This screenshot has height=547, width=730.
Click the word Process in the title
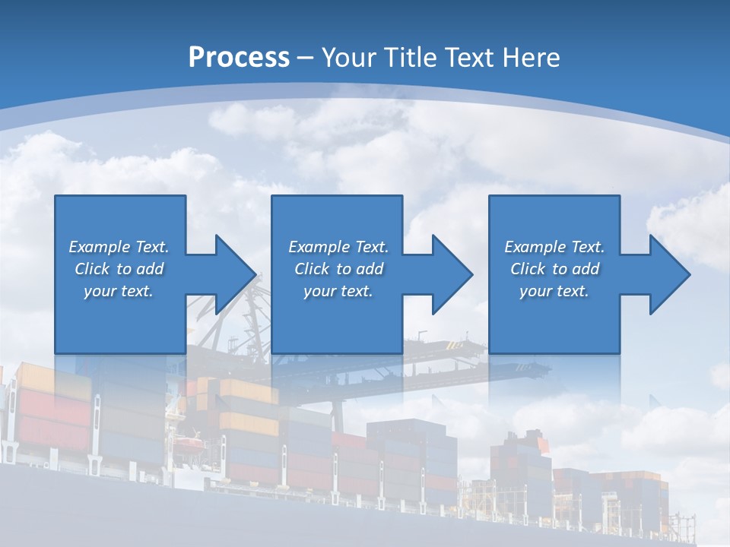tap(239, 58)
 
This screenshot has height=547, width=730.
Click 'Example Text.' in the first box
tap(119, 247)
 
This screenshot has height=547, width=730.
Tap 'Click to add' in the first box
tap(119, 269)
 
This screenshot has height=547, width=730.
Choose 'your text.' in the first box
tap(119, 291)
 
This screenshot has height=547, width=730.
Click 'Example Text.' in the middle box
tap(338, 247)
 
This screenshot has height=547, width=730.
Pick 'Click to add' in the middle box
tap(338, 269)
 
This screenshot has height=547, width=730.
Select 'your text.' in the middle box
tap(338, 291)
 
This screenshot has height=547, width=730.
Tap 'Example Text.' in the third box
tap(554, 247)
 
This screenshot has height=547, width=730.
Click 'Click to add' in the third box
tap(554, 269)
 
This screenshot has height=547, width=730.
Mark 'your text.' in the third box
tap(554, 291)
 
